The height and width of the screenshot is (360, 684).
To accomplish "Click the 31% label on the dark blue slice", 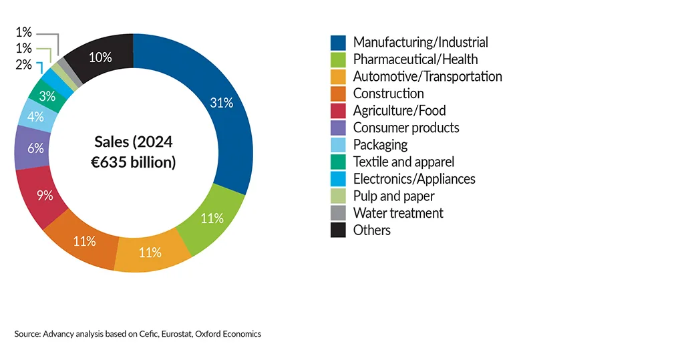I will coord(222,102).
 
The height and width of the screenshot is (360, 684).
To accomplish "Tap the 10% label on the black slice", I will coord(100,57).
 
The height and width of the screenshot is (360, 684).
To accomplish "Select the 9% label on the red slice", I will coord(45,196).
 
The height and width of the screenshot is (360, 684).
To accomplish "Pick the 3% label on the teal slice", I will coord(47,96).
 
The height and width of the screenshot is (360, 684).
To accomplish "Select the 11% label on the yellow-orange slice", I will coord(150,252).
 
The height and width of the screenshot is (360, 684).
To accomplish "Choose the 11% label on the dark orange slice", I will coord(85,241).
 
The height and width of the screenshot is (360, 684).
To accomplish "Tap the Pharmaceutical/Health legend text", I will coord(415,59).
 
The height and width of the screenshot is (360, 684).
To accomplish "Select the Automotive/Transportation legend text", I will coord(427,76).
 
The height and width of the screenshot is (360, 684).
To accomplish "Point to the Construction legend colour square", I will coord(338,94).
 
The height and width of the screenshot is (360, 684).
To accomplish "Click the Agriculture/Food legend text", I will coord(399,111).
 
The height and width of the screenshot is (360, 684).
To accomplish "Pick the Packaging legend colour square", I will coord(338,145).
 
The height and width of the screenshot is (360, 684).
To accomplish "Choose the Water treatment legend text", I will coord(398,213).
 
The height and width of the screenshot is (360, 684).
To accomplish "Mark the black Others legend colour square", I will coord(338,230).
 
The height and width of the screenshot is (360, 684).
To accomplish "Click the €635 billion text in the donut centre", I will coord(134,162).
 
